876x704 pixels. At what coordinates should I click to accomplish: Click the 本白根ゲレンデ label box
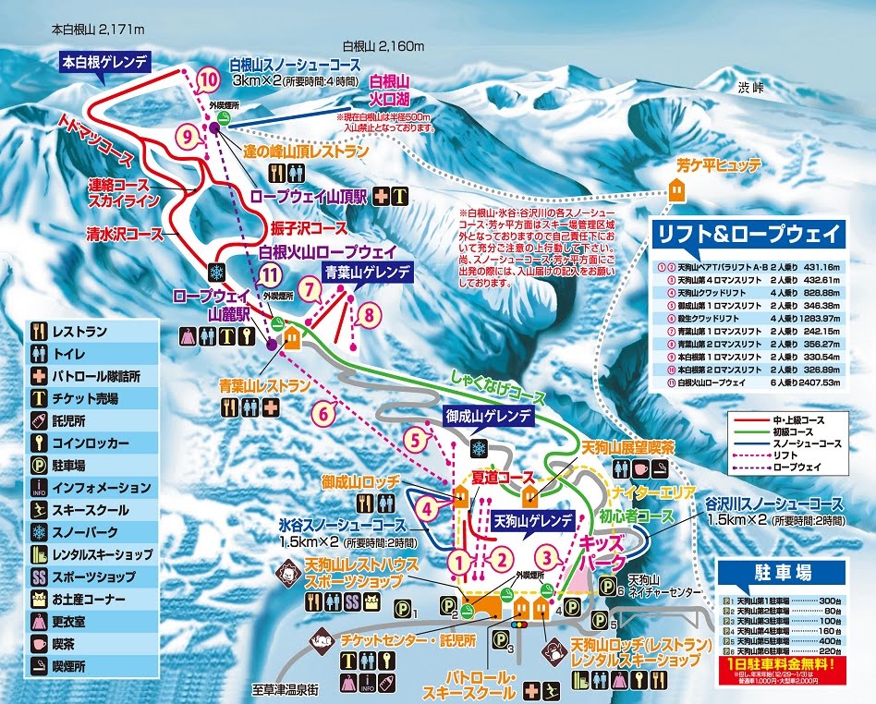pos(105,63)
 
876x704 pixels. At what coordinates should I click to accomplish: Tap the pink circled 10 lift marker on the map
pos(209,80)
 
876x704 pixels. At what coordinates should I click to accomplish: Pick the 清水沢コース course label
pos(126,235)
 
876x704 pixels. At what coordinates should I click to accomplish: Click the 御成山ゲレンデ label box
pos(487,416)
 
